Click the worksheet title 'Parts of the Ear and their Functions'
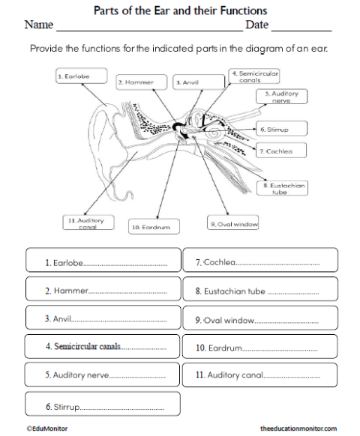(179, 10)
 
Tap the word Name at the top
(39, 25)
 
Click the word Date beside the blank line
(256, 25)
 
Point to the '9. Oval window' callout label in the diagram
(233, 223)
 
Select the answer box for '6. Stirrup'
(102, 405)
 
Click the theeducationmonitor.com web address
(298, 429)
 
